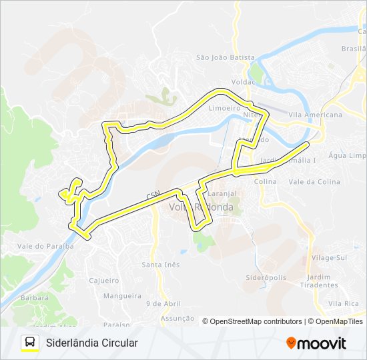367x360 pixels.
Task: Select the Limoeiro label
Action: point(224,107)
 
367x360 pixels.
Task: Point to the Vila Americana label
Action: point(316,115)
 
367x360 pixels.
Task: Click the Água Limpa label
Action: point(348,155)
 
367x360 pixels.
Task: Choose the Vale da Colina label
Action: point(314,181)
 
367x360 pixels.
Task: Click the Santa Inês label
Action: point(160,265)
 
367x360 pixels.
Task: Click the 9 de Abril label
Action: point(163,303)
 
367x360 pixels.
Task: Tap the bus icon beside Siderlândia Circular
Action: point(30,343)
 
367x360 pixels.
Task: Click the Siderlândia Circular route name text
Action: point(92,343)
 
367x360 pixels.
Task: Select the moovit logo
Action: point(316,343)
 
